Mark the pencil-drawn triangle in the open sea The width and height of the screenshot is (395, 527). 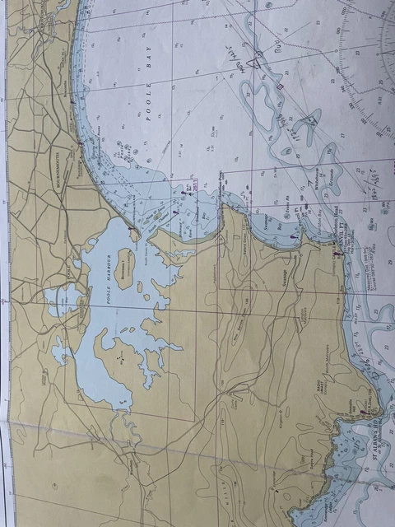coord(256,58)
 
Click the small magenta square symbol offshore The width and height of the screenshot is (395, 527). coord(280,85)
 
